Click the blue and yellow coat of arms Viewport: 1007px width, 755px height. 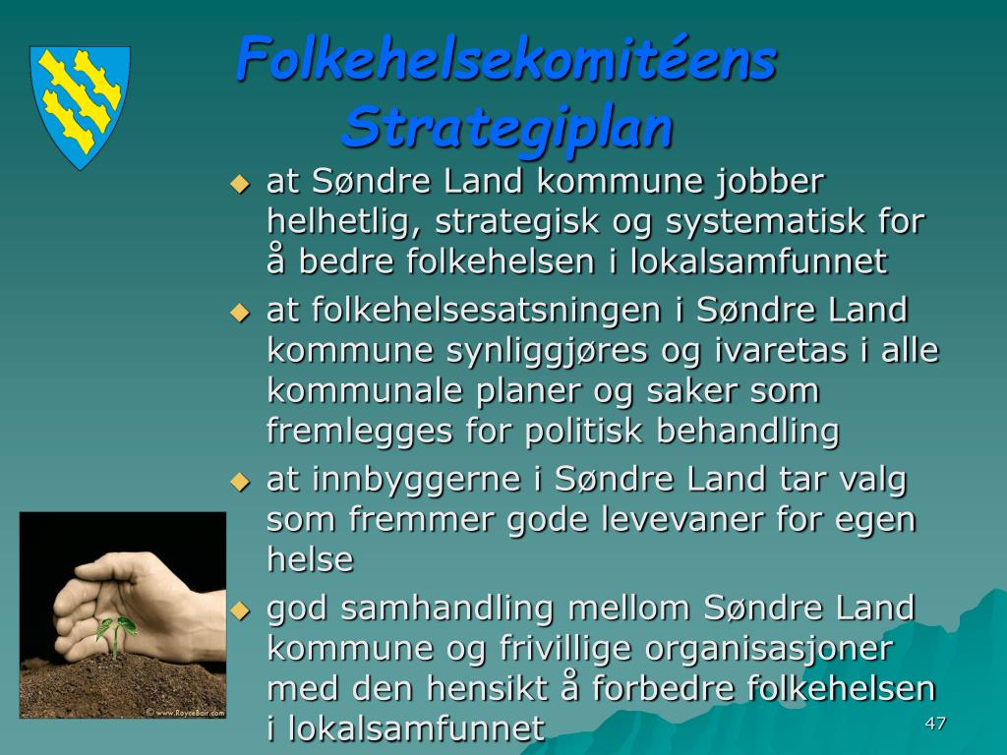click(81, 107)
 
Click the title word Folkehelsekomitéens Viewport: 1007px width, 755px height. click(506, 59)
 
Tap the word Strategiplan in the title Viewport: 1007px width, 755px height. click(506, 127)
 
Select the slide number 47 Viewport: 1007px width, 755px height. click(935, 723)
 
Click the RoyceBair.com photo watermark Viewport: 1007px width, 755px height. click(185, 712)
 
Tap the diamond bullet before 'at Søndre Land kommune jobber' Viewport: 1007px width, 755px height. click(240, 184)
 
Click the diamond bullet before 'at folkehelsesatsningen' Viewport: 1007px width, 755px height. click(240, 313)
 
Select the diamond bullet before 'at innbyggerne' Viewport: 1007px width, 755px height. click(240, 482)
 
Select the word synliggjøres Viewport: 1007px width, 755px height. click(547, 352)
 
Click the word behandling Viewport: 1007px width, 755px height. click(747, 432)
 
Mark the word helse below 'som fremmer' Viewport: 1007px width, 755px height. click(310, 559)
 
